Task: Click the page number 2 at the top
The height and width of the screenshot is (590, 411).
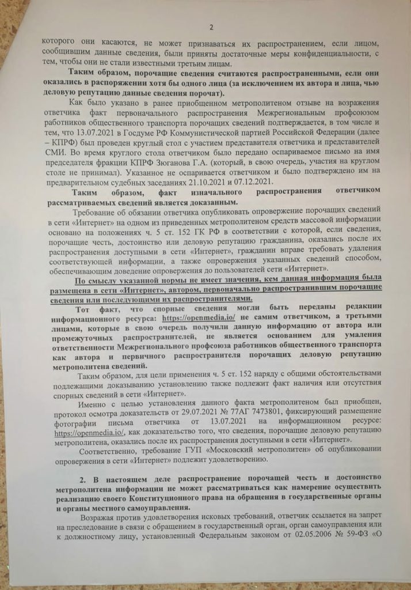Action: pyautogui.click(x=211, y=27)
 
